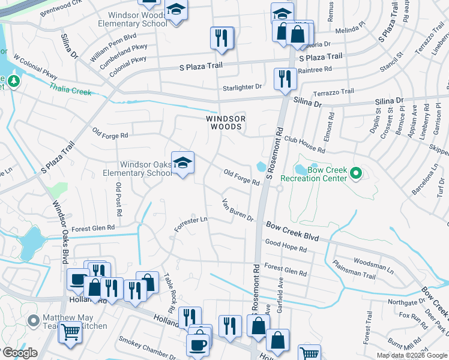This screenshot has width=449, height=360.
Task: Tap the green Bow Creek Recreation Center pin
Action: (355, 174)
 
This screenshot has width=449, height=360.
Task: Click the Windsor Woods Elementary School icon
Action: (175, 10)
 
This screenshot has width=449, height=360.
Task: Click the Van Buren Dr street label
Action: (238, 210)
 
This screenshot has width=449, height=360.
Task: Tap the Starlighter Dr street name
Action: (243, 87)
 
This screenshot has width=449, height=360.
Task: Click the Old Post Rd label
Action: (118, 199)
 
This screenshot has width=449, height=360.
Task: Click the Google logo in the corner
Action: (19, 353)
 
